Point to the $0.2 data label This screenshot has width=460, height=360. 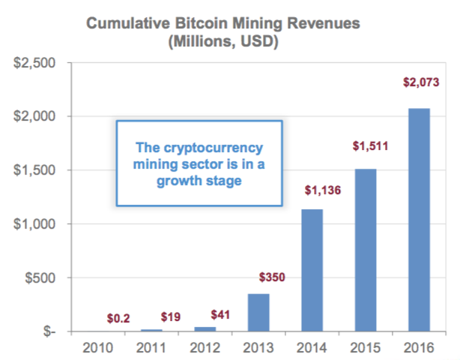118,318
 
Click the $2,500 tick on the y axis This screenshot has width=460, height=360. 37,62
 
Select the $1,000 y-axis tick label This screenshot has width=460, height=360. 37,223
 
